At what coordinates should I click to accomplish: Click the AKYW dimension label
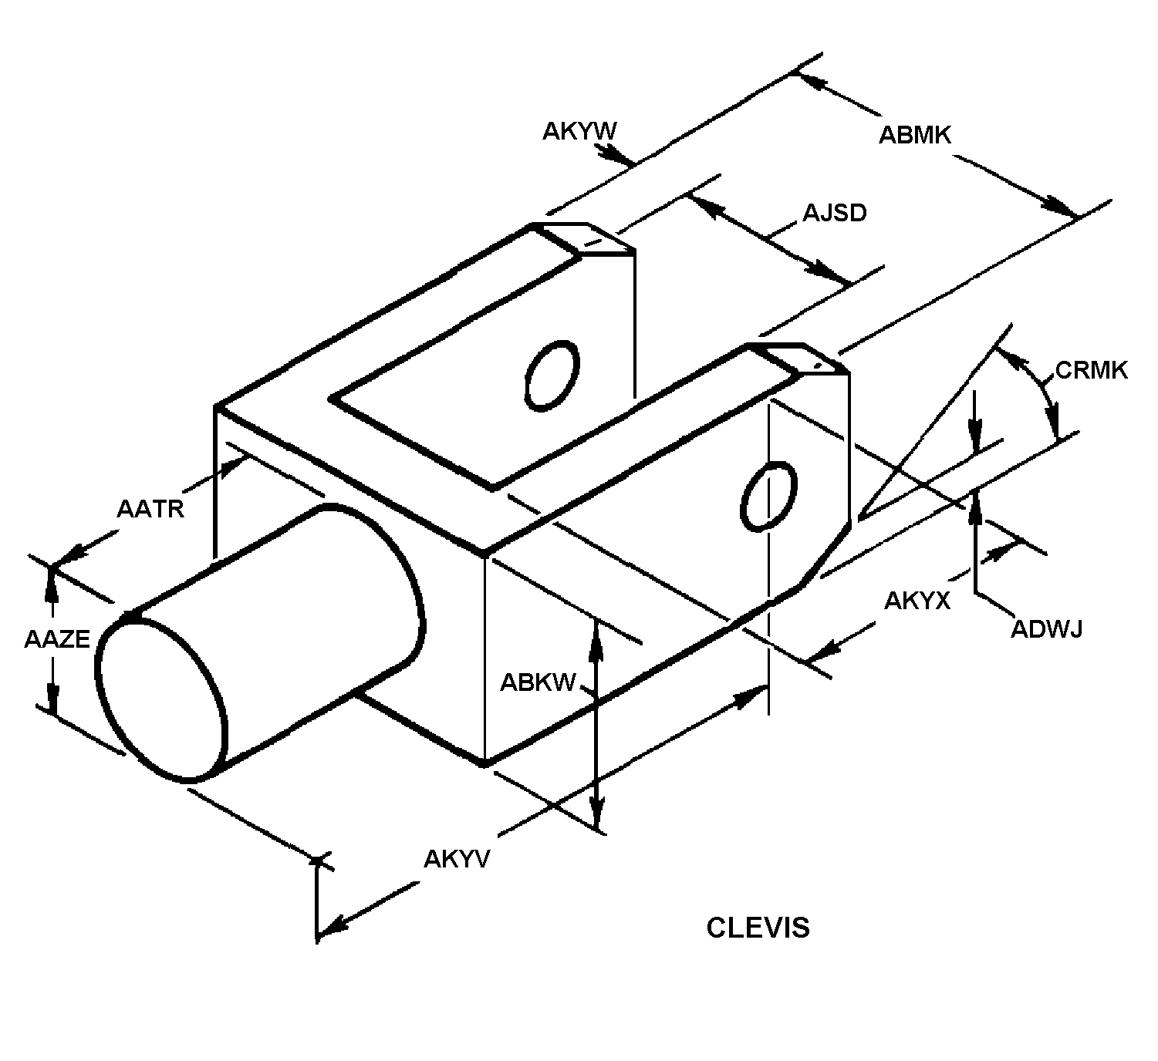click(579, 132)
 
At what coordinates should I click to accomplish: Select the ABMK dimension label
click(914, 135)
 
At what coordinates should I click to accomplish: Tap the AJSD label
click(835, 214)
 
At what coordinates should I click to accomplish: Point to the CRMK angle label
click(1091, 370)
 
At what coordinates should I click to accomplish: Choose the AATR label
click(150, 509)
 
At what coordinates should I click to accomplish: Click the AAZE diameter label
click(57, 639)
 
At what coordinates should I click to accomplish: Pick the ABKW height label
click(538, 683)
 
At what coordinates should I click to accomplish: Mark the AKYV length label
click(457, 860)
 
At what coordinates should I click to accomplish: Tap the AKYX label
click(917, 601)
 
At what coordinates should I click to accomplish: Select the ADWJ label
click(1046, 629)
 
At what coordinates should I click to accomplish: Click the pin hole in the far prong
click(552, 376)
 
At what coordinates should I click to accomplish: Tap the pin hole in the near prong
click(768, 497)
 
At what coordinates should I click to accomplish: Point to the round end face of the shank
click(162, 699)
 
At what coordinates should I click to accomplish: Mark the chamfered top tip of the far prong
click(584, 238)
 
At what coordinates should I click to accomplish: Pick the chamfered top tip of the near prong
click(799, 359)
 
